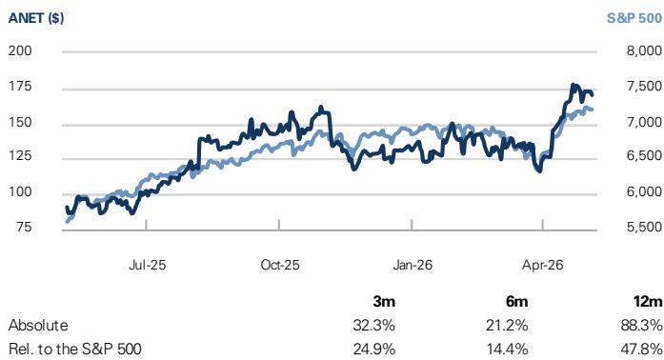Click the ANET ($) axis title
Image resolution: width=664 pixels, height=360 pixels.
pyautogui.click(x=36, y=18)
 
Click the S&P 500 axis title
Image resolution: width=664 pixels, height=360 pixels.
pyautogui.click(x=634, y=18)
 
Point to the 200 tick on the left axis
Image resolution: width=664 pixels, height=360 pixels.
pyautogui.click(x=20, y=50)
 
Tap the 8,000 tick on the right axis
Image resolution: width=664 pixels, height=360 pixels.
pyautogui.click(x=645, y=50)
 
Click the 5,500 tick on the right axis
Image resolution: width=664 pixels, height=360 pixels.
pyautogui.click(x=645, y=227)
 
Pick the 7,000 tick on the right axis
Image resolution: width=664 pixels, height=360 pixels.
pyautogui.click(x=645, y=122)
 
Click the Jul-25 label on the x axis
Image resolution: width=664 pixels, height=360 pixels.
pyautogui.click(x=147, y=265)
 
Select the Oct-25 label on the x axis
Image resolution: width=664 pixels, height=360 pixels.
pyautogui.click(x=280, y=265)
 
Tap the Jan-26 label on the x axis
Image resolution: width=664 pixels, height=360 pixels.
pyautogui.click(x=412, y=265)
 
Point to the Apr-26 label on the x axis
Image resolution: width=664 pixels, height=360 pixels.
pyautogui.click(x=542, y=265)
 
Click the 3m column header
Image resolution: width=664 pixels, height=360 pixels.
pyautogui.click(x=384, y=302)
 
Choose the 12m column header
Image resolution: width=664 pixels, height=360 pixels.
pyautogui.click(x=648, y=302)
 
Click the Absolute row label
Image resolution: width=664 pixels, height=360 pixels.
pyautogui.click(x=38, y=326)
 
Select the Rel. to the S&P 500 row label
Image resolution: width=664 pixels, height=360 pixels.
pyautogui.click(x=75, y=349)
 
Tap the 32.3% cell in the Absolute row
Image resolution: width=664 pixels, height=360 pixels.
pyautogui.click(x=374, y=326)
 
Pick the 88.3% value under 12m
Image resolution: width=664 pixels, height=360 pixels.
pyautogui.click(x=641, y=326)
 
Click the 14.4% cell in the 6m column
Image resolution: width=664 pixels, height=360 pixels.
pyautogui.click(x=507, y=349)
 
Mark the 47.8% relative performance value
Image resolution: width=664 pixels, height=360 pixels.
pyautogui.click(x=641, y=349)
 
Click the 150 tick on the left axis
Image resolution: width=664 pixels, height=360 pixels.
pyautogui.click(x=20, y=123)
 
